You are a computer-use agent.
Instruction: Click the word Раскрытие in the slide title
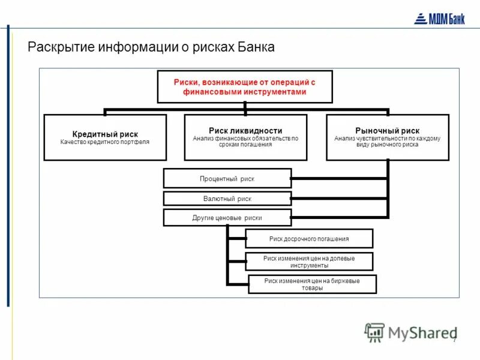click(57, 47)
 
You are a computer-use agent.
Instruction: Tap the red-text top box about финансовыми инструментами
click(245, 87)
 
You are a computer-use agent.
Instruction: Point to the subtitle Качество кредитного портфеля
click(105, 142)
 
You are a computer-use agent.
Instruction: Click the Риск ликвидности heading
click(245, 130)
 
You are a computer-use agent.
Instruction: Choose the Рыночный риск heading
click(388, 130)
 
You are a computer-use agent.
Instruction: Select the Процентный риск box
click(227, 179)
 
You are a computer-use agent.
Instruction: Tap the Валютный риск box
click(227, 199)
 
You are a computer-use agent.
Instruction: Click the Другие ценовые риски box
click(227, 218)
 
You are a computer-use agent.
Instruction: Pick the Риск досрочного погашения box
click(309, 239)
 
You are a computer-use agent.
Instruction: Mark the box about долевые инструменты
click(309, 262)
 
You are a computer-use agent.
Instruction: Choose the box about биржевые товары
click(312, 284)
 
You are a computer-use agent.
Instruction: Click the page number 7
click(454, 340)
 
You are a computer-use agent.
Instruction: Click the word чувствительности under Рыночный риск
click(388, 139)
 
